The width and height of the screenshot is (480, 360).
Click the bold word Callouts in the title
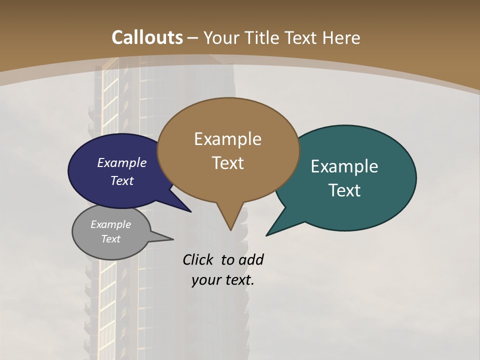pos(147,37)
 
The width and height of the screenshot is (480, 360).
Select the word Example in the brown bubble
pos(227,139)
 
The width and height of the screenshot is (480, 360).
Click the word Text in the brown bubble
pos(227,163)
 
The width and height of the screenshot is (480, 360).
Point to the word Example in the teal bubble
pos(344,166)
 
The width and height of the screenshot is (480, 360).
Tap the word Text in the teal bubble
pos(344,190)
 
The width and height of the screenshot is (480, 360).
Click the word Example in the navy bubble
pos(122,162)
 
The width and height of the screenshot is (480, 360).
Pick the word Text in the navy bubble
pos(122,180)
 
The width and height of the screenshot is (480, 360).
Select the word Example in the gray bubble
pos(111,224)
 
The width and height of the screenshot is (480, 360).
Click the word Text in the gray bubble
pos(111,239)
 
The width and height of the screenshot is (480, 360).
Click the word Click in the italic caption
pos(198,259)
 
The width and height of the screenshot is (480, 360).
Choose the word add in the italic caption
pos(251,259)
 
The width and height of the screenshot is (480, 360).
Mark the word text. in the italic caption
pos(238,280)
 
